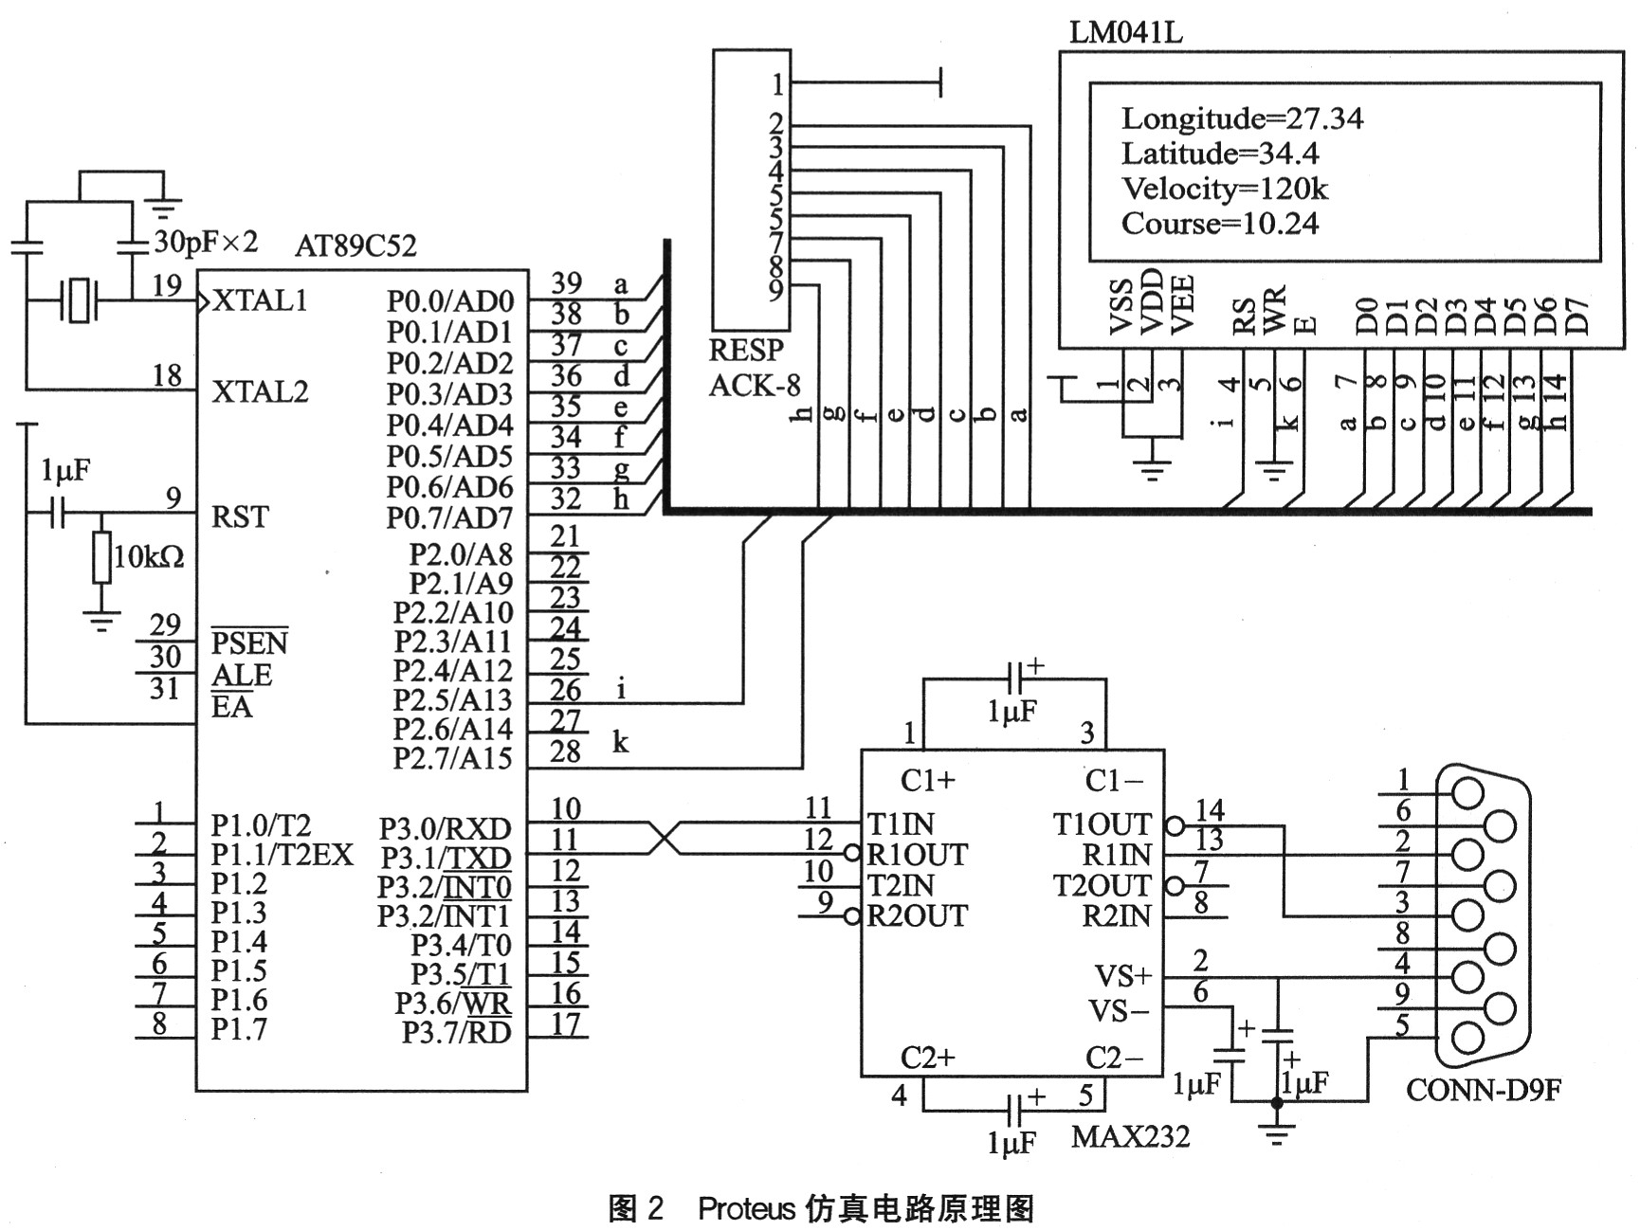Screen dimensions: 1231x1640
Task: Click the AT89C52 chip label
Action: coord(355,246)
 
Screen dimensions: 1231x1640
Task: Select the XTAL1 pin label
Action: coord(260,301)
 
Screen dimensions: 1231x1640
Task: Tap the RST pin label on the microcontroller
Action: coord(240,517)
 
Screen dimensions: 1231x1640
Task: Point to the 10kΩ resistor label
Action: coord(149,556)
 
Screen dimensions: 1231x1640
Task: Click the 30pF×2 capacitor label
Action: coord(206,242)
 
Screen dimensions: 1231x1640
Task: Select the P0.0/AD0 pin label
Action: coord(449,301)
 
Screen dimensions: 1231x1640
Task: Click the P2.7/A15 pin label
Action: coord(452,759)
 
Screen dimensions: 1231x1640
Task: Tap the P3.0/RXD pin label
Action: coord(445,829)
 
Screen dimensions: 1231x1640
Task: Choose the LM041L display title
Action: coord(1126,33)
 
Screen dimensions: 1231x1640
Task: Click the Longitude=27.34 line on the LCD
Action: coord(1242,119)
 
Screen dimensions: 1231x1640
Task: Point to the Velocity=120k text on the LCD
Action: coord(1225,190)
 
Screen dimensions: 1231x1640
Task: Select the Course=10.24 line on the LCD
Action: coord(1220,225)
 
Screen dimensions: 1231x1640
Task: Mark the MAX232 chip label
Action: coord(1130,1136)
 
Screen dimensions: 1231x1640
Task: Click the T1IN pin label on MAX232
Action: coord(901,824)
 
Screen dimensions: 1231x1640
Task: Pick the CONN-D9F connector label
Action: coord(1483,1091)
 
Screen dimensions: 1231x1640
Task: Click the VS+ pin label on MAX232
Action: coord(1123,976)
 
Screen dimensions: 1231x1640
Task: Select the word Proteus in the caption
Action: coord(746,1209)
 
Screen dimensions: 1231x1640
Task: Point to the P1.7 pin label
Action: coord(239,1029)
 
